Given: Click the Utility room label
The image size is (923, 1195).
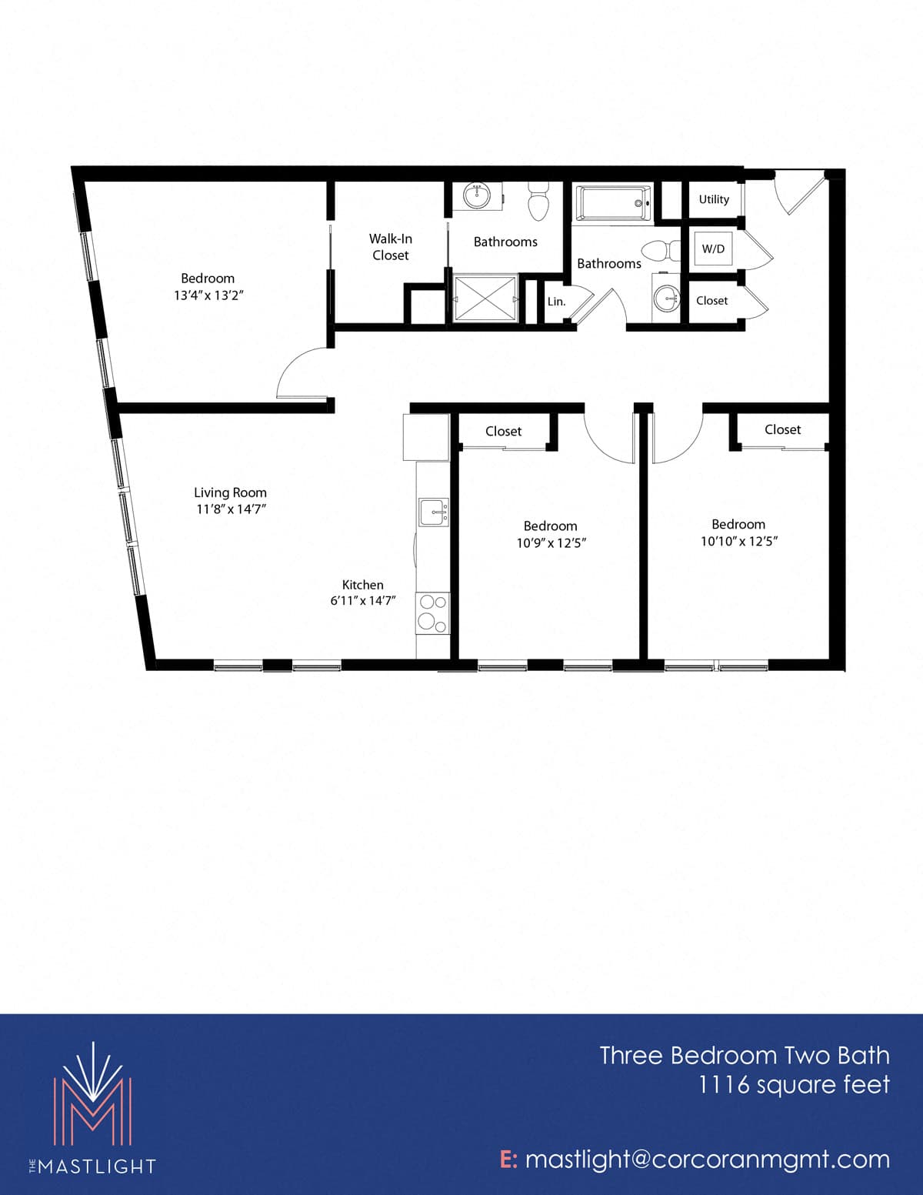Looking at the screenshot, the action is coord(714,199).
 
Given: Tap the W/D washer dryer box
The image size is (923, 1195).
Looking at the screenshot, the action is coord(713,249).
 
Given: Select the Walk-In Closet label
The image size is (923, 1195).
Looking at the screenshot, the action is coord(390,247).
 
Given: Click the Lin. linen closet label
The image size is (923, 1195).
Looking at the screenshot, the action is coord(556,302).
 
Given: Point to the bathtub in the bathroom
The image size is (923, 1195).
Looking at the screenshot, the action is coord(613,203).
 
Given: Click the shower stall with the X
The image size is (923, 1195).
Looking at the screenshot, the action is coord(485,298).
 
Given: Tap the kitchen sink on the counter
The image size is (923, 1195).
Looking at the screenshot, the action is coord(433,512).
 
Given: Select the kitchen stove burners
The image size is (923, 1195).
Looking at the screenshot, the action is coord(432,613).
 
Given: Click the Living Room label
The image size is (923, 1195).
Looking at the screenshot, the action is coord(230,492).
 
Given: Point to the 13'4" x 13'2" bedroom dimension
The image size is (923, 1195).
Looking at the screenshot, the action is coord(208,295).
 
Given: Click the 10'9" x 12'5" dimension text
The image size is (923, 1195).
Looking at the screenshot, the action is coord(551,542).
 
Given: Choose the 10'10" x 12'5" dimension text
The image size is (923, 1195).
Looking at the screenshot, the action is coord(739,541).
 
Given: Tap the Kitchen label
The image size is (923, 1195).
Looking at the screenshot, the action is coord(363,585).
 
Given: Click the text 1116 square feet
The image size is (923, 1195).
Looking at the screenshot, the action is coord(794,1085).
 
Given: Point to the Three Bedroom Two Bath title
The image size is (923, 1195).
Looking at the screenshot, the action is coord(745,1055).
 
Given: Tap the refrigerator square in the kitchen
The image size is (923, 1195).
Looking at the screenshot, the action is coord(426,437).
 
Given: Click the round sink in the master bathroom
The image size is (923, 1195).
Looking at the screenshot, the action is coord(476,195).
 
